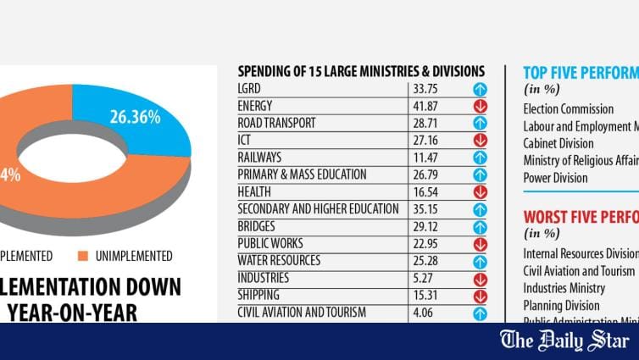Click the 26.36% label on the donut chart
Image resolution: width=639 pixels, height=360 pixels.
135,118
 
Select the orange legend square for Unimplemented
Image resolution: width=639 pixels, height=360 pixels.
82,256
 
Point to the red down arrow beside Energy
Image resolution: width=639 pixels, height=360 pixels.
480,106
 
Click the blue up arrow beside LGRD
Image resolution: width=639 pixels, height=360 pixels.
480,89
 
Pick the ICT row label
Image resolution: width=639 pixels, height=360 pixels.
244,140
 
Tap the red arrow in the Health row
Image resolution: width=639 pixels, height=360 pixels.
480,192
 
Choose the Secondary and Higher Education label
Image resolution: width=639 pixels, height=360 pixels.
318,209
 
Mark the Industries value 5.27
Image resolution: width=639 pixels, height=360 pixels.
421,278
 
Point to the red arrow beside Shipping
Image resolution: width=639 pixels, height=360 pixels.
480,296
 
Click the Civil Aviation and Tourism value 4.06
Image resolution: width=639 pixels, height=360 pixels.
421,313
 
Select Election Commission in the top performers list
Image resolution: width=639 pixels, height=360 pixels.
568,109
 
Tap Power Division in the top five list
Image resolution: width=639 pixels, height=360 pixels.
555,178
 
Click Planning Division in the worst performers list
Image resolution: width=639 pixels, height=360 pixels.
561,305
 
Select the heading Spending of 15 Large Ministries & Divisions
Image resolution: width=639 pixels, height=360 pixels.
361,71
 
